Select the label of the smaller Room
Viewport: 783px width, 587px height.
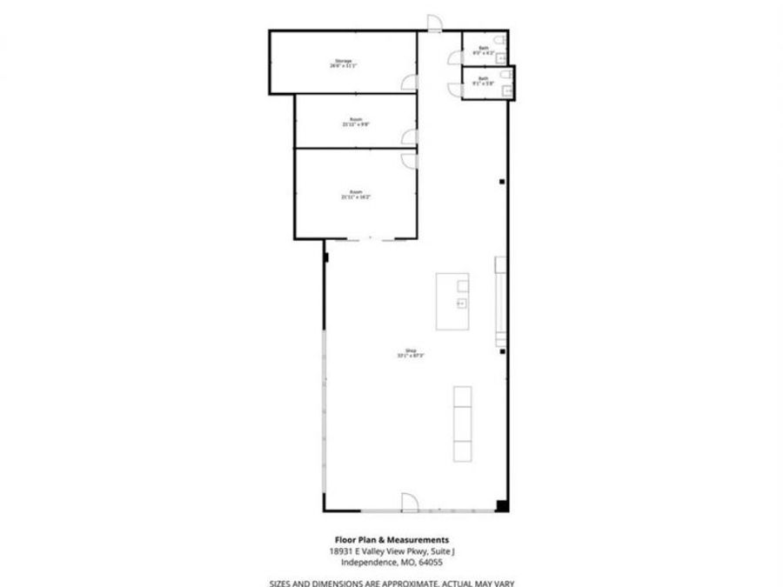click(x=356, y=122)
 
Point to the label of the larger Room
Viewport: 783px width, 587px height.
click(x=356, y=194)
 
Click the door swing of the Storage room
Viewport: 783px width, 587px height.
click(x=407, y=83)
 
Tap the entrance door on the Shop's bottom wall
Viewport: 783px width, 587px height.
click(x=409, y=502)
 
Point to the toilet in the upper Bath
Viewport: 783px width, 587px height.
click(x=499, y=41)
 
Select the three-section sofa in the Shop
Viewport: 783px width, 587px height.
click(x=462, y=424)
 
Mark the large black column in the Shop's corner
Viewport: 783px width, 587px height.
click(x=501, y=505)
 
